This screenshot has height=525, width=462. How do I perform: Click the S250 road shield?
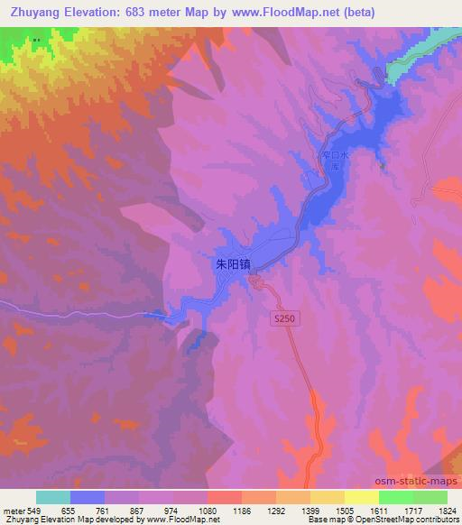(284, 318)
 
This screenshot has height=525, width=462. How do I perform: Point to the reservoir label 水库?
(334, 161)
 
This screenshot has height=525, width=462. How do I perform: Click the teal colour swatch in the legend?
(53, 497)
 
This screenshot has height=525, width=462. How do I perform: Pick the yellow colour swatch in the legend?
(361, 497)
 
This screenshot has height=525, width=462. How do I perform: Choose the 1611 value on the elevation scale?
(381, 511)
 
